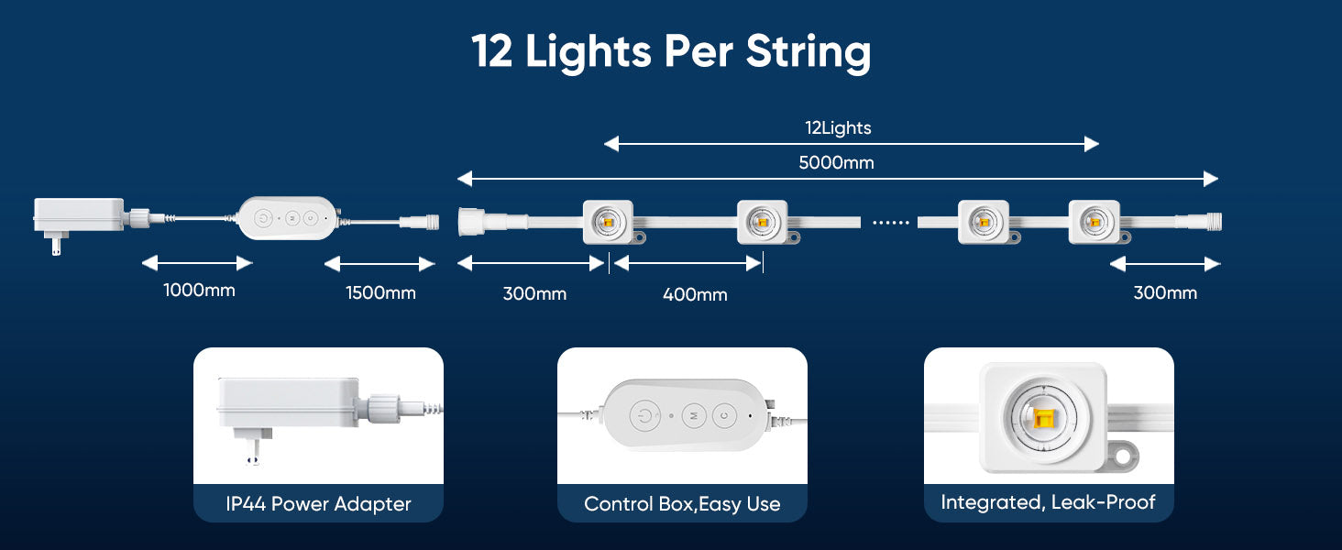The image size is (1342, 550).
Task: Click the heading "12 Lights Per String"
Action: [x=671, y=51]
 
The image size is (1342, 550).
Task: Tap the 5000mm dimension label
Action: [x=836, y=163]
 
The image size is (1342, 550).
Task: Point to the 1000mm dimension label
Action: [x=199, y=291]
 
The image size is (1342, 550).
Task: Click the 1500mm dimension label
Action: [x=380, y=293]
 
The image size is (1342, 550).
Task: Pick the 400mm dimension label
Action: [x=695, y=294]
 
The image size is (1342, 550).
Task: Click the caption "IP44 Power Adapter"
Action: [x=318, y=503]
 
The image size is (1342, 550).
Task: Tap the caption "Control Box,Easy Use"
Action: [x=682, y=503]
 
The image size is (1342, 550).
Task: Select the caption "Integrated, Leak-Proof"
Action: [x=1048, y=502]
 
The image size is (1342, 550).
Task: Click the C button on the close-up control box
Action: [x=723, y=415]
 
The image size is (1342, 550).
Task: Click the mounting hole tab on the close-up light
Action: [x=1126, y=455]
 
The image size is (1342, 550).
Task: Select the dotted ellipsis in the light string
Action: [x=889, y=223]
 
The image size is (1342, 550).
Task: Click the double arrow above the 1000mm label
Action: [x=196, y=264]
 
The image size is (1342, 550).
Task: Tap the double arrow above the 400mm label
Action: [x=687, y=264]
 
